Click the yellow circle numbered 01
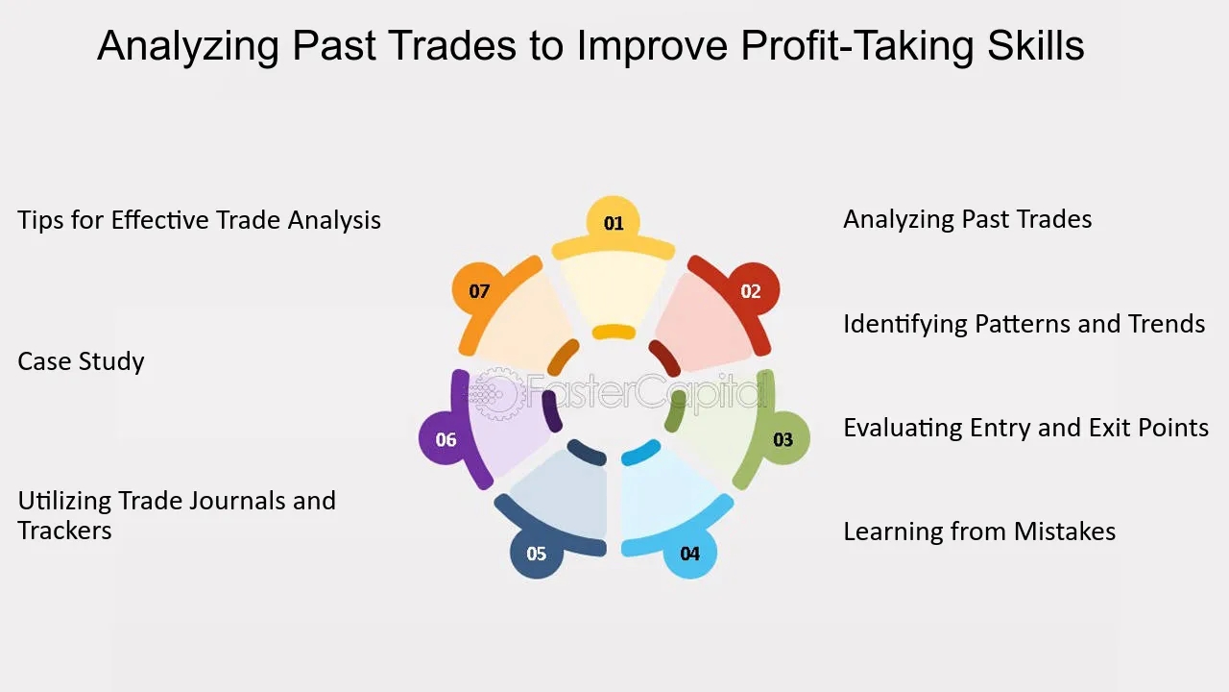coord(613,222)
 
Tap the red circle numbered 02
coord(753,289)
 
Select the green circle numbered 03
coord(783,438)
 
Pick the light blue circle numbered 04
coord(689,552)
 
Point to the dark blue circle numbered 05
coord(537,552)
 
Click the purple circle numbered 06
coord(445,438)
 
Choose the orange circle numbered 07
coord(478,289)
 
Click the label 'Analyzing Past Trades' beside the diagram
coord(967,220)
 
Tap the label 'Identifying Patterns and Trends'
coord(1024,324)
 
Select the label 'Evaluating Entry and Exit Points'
coord(1026,428)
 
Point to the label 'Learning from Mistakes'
coord(979,531)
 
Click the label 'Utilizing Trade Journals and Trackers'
coord(177,515)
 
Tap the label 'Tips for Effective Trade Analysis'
coord(199,220)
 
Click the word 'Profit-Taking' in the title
coord(857,46)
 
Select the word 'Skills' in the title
coord(1036,44)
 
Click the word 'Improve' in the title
coord(652,46)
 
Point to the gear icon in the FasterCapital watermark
coord(495,394)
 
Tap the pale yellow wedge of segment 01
coord(614,287)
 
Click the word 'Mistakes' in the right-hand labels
coord(1065,531)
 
